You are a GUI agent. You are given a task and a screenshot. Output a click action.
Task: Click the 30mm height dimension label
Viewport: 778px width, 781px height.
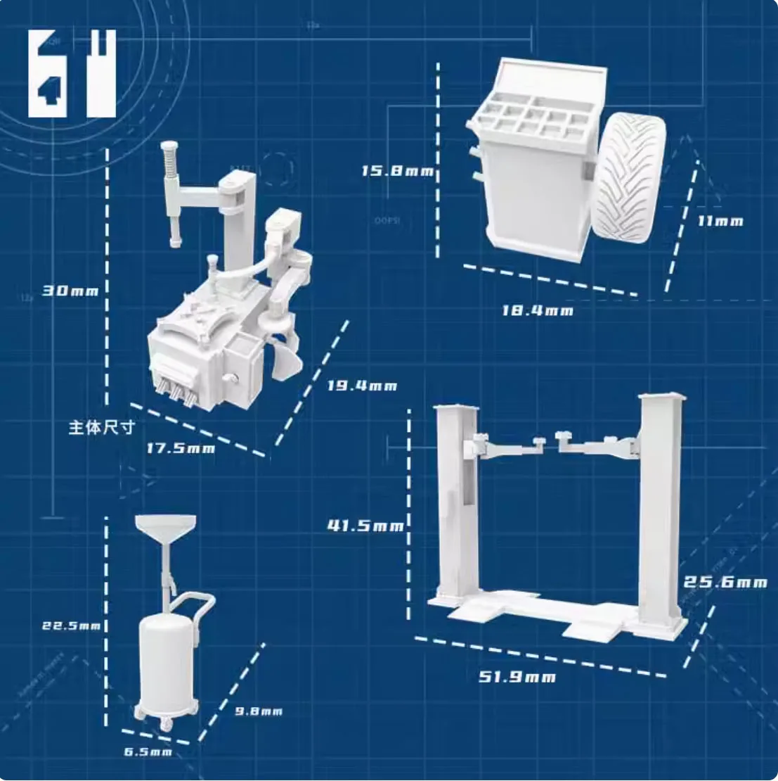(70, 290)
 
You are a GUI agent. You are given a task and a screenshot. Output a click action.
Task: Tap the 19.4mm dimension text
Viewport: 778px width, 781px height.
(362, 386)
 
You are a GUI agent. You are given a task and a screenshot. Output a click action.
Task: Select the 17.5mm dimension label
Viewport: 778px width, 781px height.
(181, 447)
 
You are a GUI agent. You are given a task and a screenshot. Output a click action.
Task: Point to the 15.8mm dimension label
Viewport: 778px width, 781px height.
(398, 171)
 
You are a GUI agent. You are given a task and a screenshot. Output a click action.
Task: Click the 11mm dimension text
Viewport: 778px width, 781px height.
(720, 221)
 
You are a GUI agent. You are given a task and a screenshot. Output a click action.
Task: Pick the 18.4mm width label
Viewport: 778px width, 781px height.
(537, 310)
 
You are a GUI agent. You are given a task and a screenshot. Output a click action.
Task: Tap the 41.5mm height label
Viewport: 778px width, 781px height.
(365, 525)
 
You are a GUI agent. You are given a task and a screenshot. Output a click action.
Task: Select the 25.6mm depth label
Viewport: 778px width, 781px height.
(725, 582)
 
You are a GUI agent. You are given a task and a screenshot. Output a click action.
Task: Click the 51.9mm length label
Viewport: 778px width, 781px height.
(517, 677)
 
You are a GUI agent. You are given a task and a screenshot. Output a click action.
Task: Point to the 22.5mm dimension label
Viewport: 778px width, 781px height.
(72, 625)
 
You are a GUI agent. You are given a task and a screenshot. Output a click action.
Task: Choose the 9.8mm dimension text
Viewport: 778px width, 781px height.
(258, 711)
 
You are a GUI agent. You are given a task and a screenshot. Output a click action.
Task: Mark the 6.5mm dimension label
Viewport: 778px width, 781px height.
(148, 752)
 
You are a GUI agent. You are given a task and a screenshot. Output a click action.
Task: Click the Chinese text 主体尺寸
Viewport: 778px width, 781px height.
(101, 427)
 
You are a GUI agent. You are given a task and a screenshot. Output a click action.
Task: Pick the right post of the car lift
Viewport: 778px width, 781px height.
(661, 507)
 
